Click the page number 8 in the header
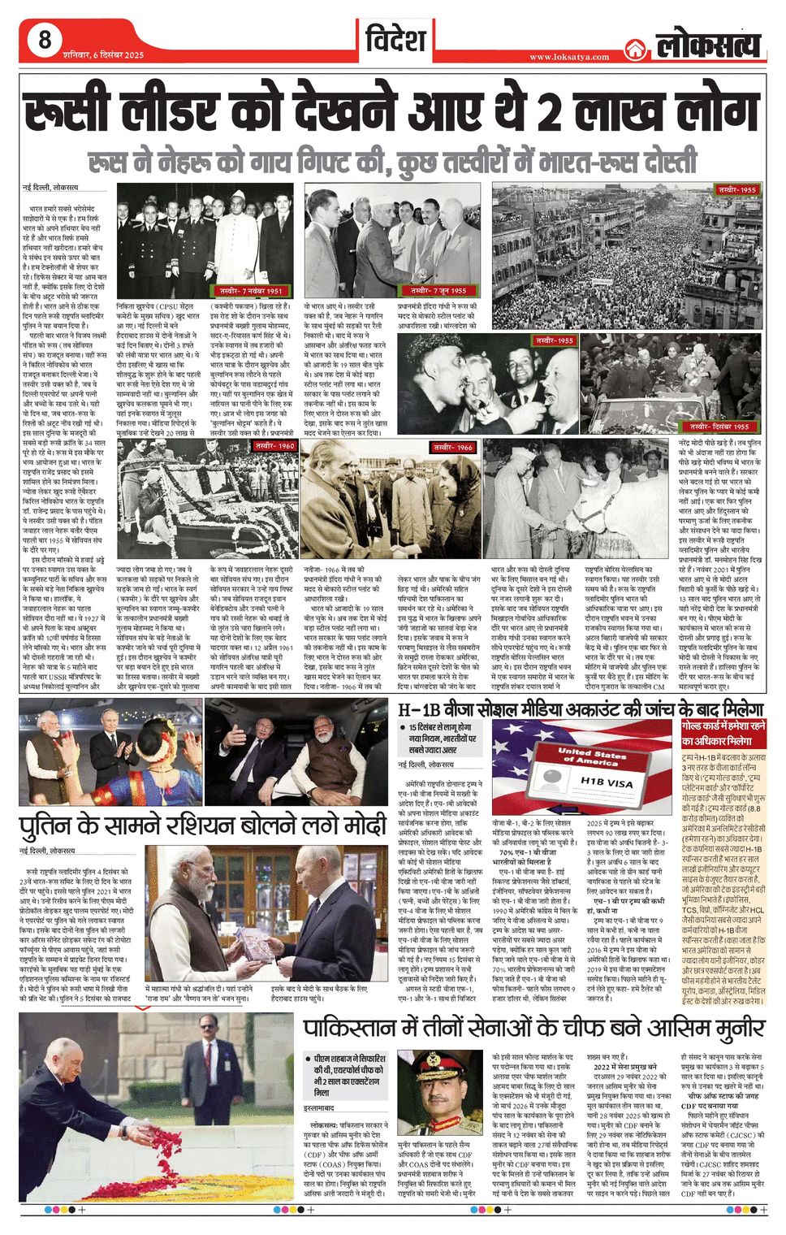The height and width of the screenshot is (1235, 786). click(x=44, y=39)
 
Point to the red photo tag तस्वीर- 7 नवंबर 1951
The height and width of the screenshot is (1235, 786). click(x=251, y=290)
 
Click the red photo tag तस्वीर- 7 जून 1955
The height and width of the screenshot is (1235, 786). click(x=438, y=290)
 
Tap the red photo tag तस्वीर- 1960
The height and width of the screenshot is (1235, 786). click(x=275, y=446)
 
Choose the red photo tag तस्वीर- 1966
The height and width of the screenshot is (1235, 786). click(x=452, y=447)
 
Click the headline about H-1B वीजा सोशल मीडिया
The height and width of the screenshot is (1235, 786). click(x=581, y=707)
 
